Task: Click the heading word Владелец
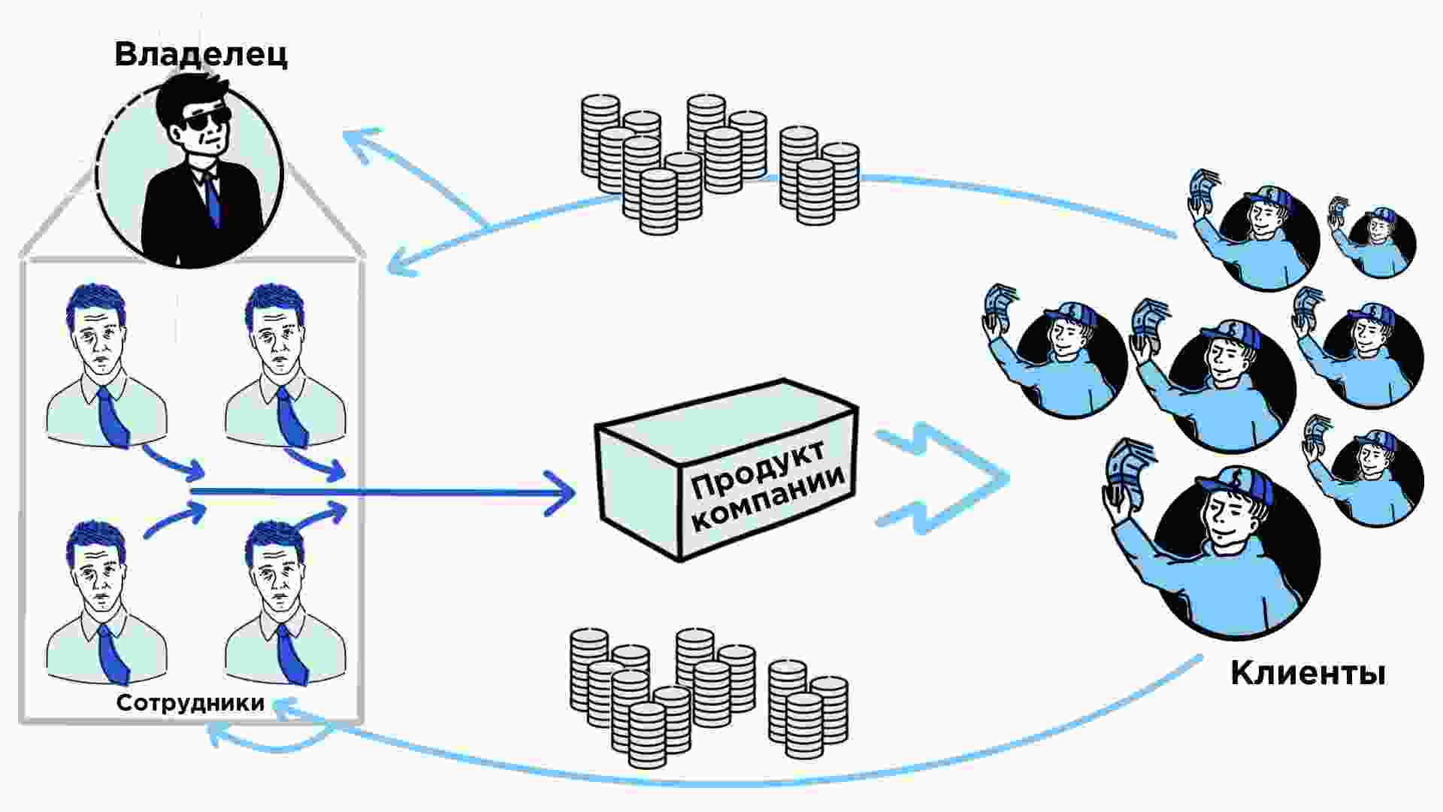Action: click(x=201, y=55)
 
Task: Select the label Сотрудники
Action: click(x=190, y=703)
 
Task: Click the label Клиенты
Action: click(x=1308, y=673)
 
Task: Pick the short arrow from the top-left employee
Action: click(x=173, y=461)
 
